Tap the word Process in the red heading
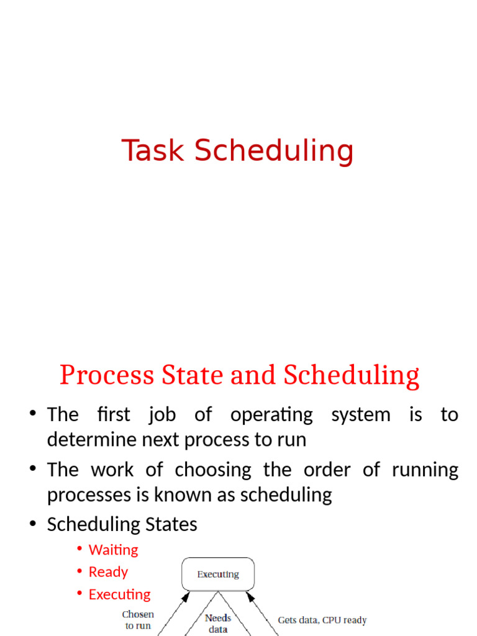[107, 375]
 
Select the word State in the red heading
[190, 375]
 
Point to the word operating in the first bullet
[271, 415]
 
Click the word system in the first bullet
[361, 415]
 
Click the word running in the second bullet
[425, 470]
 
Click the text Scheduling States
[122, 524]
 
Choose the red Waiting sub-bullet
[114, 550]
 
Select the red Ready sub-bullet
[109, 572]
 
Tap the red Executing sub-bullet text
[120, 594]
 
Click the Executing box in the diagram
[218, 575]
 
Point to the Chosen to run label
[138, 620]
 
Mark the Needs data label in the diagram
[218, 624]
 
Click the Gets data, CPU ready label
[322, 620]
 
